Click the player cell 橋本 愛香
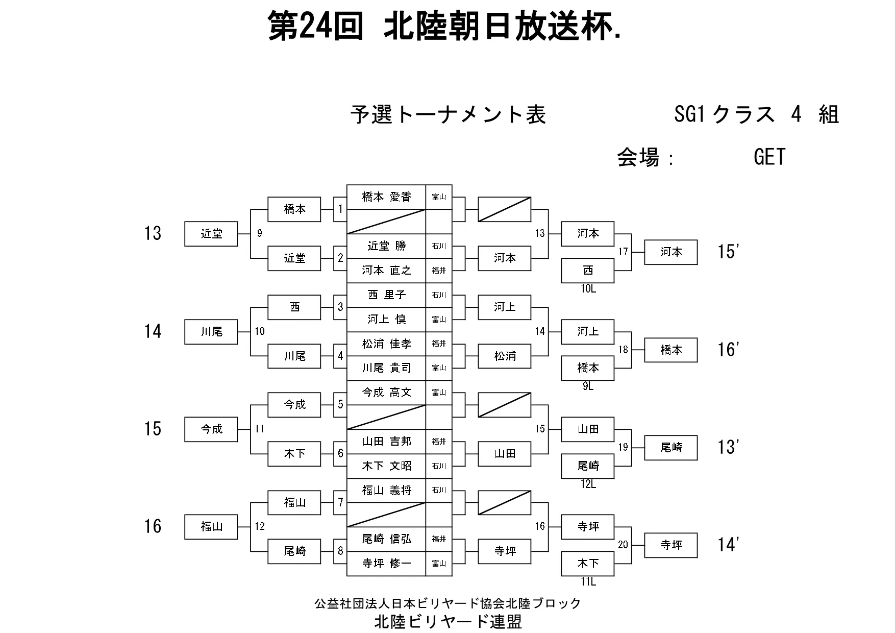pyautogui.click(x=386, y=197)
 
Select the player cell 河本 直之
pyautogui.click(x=386, y=271)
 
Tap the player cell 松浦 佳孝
pyautogui.click(x=386, y=344)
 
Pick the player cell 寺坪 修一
pyautogui.click(x=386, y=564)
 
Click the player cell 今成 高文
pyautogui.click(x=386, y=393)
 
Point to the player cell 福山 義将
pyautogui.click(x=386, y=491)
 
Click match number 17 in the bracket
pyautogui.click(x=623, y=252)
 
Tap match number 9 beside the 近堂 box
pyautogui.click(x=260, y=233)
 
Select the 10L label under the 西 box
pyautogui.click(x=588, y=289)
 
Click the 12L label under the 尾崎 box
pyautogui.click(x=588, y=484)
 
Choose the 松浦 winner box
pyautogui.click(x=505, y=356)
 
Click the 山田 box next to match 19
pyautogui.click(x=588, y=429)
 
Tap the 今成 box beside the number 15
pyautogui.click(x=211, y=429)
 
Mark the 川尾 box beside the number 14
pyautogui.click(x=211, y=332)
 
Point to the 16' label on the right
pyautogui.click(x=728, y=350)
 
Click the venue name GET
pyautogui.click(x=769, y=157)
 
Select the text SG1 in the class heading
pyautogui.click(x=689, y=115)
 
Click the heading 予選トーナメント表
pyautogui.click(x=448, y=115)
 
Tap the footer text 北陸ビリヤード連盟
pyautogui.click(x=448, y=621)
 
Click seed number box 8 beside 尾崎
pyautogui.click(x=340, y=551)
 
